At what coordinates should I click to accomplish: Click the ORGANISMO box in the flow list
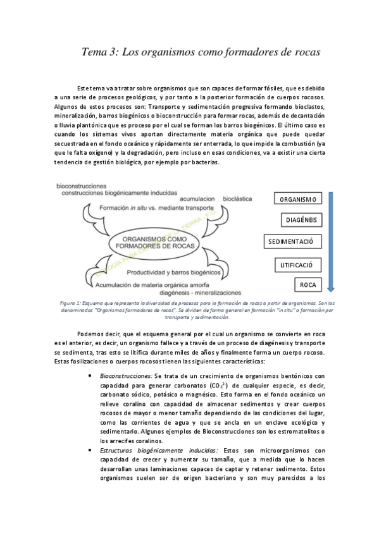click(x=297, y=200)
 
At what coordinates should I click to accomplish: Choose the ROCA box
click(x=308, y=285)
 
